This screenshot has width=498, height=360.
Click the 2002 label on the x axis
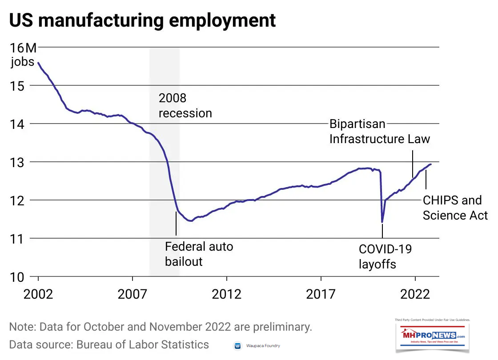38,294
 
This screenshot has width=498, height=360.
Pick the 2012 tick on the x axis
227,294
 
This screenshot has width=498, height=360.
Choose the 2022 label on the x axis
415,294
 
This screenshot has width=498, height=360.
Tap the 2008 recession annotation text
185,105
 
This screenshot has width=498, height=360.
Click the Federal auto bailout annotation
199,254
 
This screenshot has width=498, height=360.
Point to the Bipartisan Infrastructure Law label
379,132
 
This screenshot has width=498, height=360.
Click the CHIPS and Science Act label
455,208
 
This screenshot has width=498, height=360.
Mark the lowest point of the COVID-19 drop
382,222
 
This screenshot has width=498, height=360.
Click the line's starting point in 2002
38,63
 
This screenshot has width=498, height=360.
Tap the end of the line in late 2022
430,164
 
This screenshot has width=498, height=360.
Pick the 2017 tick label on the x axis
321,294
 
